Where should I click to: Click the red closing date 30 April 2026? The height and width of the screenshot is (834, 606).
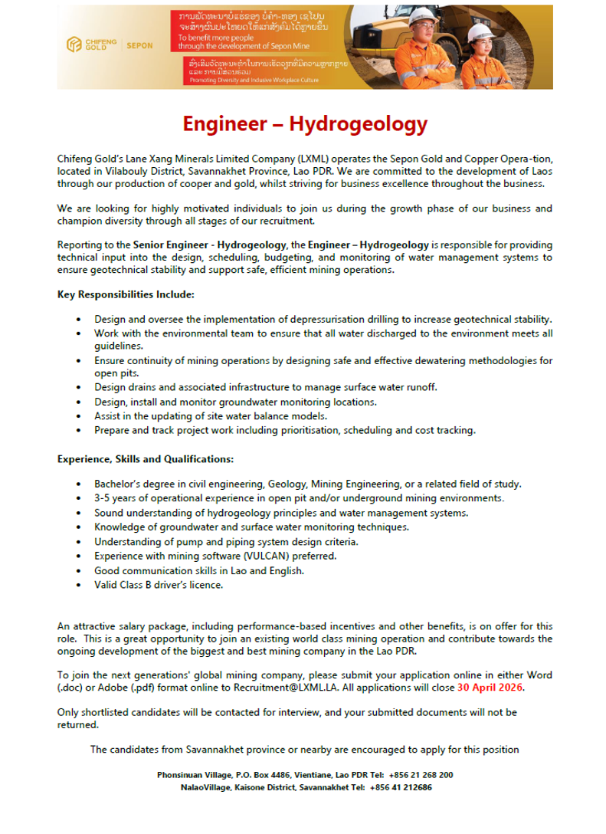(x=490, y=688)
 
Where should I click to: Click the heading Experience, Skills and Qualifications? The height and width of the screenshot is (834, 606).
(x=146, y=459)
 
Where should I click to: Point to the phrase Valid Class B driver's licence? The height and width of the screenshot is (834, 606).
(x=159, y=585)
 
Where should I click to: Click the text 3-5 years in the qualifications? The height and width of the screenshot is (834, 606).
(x=113, y=498)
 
